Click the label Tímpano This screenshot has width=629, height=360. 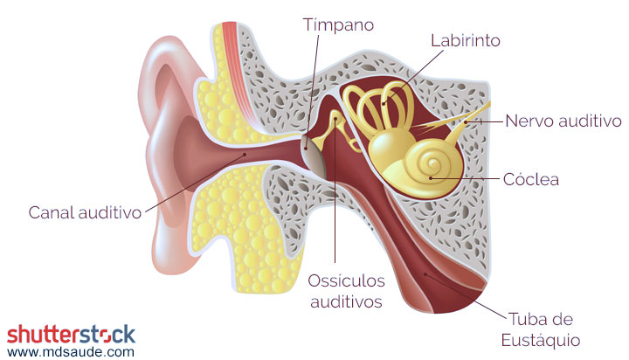338,24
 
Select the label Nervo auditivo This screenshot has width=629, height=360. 563,121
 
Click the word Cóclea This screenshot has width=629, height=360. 530,180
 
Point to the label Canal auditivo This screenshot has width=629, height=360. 85,212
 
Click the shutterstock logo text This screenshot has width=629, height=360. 72,334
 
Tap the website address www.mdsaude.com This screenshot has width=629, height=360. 72,351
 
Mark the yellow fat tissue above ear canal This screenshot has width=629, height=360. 223,109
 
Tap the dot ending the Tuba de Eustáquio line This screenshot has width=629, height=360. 425,275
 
